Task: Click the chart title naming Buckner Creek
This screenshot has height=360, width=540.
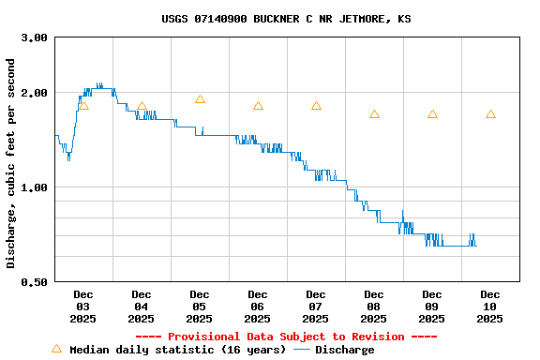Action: pos(286,19)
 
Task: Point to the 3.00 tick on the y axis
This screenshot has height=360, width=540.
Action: pos(35,37)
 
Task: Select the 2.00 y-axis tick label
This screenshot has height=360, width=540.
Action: pos(35,93)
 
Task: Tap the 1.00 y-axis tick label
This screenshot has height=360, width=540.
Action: pos(35,187)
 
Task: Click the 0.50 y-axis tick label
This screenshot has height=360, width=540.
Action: pos(35,282)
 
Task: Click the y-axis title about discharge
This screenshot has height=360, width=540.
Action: pos(11,163)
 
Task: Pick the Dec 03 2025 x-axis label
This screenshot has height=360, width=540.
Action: pos(82,307)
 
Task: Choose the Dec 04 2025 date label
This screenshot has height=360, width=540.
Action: pos(141,307)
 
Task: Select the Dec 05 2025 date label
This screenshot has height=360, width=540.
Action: pos(199,307)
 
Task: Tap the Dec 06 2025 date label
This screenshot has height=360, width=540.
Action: pos(257,307)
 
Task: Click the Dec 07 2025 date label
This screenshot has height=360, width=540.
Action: pos(315,307)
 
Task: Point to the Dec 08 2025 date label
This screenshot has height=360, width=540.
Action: pos(373,307)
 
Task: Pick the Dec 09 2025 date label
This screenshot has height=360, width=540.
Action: pos(431,307)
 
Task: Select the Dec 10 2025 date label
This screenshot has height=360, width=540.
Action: pos(489,307)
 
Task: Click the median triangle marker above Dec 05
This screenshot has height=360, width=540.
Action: pos(200,99)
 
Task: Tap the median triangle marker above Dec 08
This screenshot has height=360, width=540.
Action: pos(374,114)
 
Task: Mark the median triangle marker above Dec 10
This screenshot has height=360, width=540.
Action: pos(490,114)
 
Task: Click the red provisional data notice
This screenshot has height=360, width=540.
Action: pos(286,337)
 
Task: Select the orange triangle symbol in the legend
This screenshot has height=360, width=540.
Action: pos(56,349)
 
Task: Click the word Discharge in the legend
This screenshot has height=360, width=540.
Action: pos(344,350)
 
